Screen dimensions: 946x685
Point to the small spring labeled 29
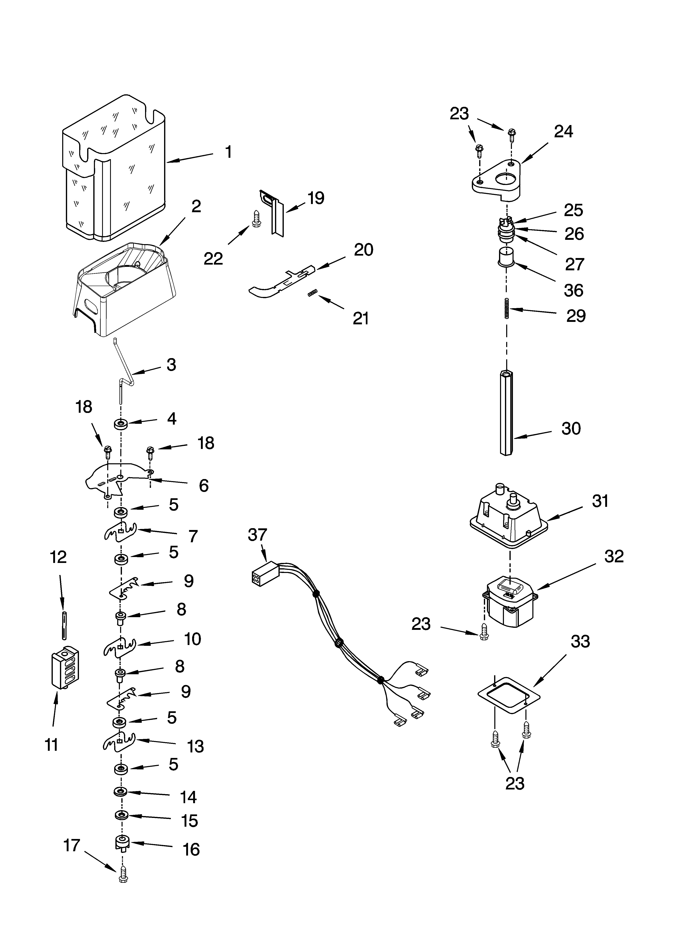point(507,309)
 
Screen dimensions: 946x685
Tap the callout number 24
point(564,132)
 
